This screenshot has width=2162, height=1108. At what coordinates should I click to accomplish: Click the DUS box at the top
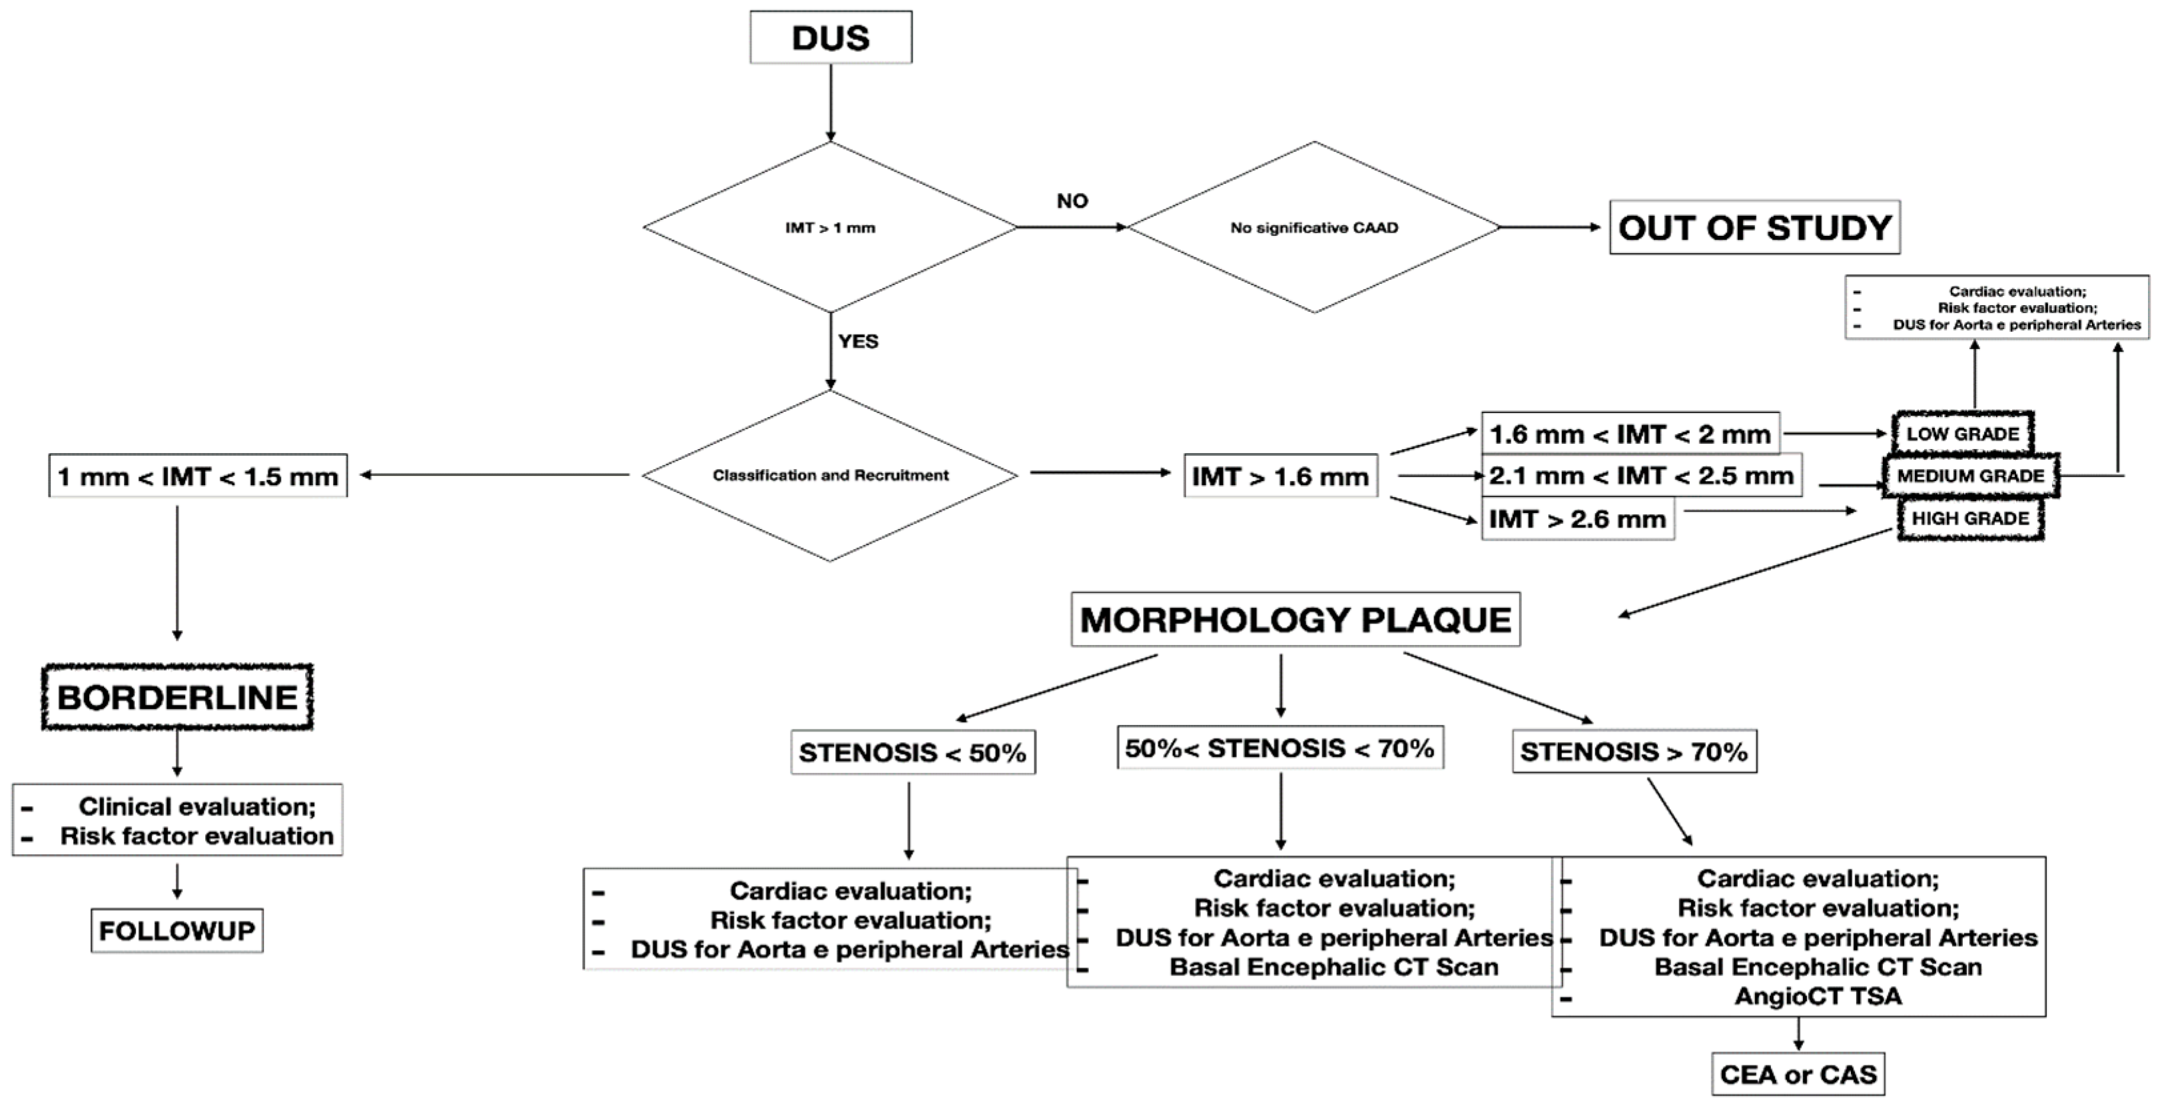click(830, 38)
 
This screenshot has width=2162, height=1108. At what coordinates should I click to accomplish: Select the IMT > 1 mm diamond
click(830, 227)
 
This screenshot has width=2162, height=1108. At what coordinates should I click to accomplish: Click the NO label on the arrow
click(1072, 201)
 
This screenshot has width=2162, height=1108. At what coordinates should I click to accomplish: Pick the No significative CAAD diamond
click(1313, 227)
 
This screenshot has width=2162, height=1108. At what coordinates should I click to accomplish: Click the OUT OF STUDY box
click(1754, 227)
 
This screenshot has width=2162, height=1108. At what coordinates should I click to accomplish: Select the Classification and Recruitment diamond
click(830, 475)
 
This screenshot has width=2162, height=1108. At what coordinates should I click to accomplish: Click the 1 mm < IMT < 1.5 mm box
click(198, 477)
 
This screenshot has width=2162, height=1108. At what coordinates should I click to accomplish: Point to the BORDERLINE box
click(177, 697)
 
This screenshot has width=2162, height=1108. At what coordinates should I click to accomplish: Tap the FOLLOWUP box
click(177, 930)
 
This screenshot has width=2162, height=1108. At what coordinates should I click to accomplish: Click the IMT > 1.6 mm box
click(1280, 477)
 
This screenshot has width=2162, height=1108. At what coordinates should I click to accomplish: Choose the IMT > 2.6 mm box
click(1577, 519)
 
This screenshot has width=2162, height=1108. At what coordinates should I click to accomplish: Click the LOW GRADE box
click(1962, 434)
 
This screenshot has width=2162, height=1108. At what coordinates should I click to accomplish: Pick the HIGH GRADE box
click(1970, 518)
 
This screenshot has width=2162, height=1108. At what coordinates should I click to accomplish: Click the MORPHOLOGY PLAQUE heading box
click(1295, 620)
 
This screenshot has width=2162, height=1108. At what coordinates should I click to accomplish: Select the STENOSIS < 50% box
click(912, 752)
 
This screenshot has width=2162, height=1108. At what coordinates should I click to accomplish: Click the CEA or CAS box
click(1798, 1075)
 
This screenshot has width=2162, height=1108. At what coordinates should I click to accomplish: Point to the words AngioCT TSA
click(1818, 996)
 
